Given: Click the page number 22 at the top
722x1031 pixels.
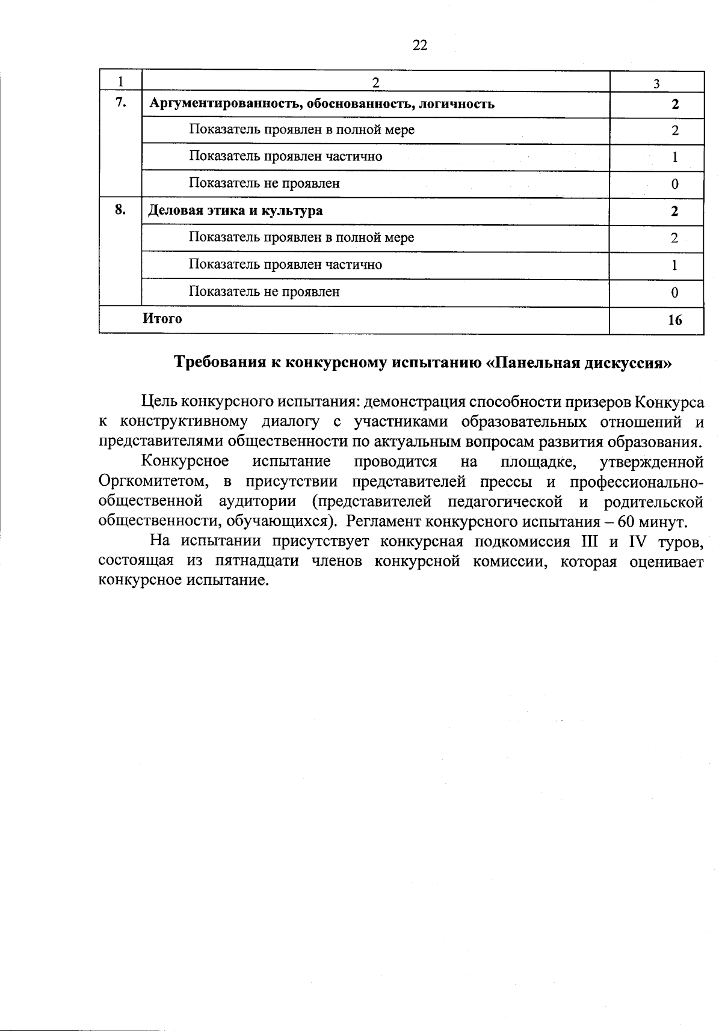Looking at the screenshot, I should pyautogui.click(x=420, y=45).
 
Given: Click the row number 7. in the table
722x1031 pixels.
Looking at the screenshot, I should pyautogui.click(x=120, y=102).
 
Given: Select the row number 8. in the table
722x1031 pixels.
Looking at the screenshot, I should pyautogui.click(x=120, y=209).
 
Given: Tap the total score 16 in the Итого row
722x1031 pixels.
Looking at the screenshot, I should pyautogui.click(x=674, y=320).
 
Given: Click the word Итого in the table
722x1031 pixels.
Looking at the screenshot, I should pyautogui.click(x=162, y=319).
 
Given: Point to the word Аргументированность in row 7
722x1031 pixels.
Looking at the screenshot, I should pyautogui.click(x=224, y=104).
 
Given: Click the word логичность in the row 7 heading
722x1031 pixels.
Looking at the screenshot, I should pyautogui.click(x=460, y=104).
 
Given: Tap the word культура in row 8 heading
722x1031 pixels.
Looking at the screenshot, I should pyautogui.click(x=294, y=210).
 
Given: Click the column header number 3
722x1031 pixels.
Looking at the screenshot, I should pyautogui.click(x=656, y=84).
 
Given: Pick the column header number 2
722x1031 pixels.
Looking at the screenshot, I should pyautogui.click(x=375, y=82).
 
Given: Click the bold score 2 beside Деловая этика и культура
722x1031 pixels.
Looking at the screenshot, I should pyautogui.click(x=675, y=211).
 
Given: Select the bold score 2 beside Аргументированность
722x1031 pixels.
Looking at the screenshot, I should pyautogui.click(x=675, y=104).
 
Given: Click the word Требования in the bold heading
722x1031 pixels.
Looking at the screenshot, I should pyautogui.click(x=221, y=363).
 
